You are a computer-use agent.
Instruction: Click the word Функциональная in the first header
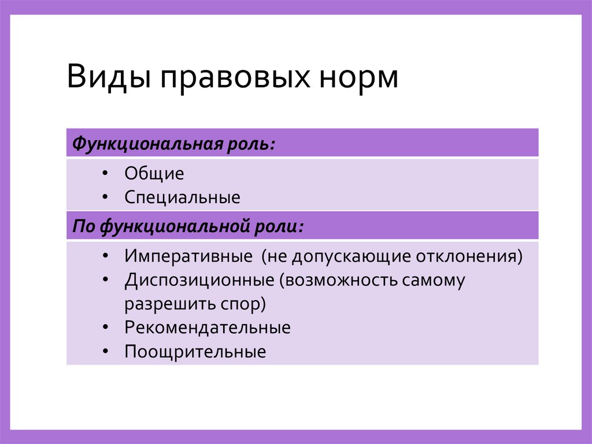[144, 144]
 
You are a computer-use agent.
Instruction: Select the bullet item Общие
[154, 174]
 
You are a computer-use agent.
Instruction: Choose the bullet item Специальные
[182, 198]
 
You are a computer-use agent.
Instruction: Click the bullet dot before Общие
[103, 174]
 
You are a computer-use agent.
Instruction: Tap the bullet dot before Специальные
[103, 197]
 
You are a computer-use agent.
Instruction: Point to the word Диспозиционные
[199, 280]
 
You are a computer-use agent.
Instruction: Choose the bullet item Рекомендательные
[208, 328]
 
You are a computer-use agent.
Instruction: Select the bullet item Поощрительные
[195, 352]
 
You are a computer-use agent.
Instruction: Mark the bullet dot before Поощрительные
[103, 351]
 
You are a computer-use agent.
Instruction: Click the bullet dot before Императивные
[103, 256]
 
